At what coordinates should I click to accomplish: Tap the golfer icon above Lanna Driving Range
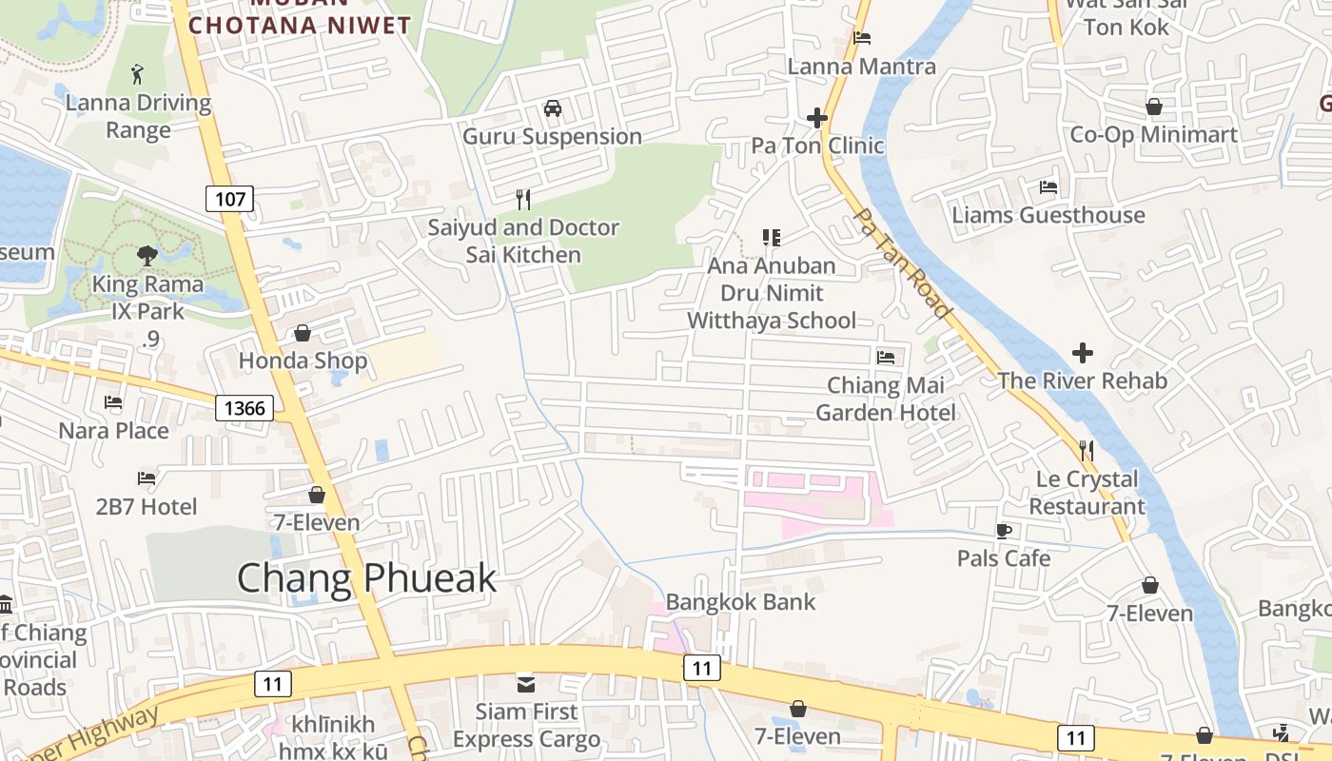pos(138,72)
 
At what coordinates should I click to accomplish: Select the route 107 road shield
pos(230,200)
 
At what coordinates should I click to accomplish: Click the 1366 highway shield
pos(245,409)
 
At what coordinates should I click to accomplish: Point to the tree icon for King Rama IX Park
pos(147,255)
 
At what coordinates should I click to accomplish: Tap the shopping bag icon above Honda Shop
pos(303,333)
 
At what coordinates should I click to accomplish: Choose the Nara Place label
pos(114,431)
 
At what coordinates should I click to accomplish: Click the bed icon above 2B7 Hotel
pos(147,478)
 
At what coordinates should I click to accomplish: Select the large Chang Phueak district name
pos(366,578)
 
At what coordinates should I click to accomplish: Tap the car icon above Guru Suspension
pos(552,108)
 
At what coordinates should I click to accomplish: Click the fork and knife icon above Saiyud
pos(522,199)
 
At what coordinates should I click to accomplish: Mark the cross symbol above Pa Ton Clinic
pos(816,118)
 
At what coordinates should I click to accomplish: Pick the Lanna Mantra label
pos(862,67)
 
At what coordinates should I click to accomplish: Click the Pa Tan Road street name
pos(903,263)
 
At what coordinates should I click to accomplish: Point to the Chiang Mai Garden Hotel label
pos(886,399)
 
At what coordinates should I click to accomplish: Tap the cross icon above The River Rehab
pos(1082,353)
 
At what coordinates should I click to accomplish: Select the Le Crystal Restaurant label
pos(1087,493)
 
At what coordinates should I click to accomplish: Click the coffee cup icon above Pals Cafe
pos(1003,531)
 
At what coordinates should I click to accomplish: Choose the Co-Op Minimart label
pos(1154,135)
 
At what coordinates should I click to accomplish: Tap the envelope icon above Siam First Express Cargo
pos(525,684)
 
